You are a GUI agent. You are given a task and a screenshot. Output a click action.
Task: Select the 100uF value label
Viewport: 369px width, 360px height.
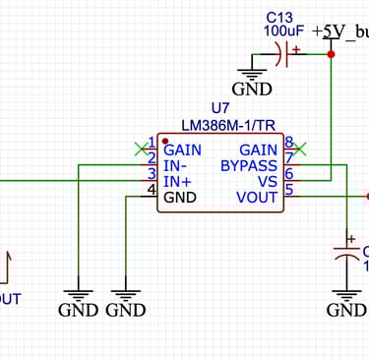282,30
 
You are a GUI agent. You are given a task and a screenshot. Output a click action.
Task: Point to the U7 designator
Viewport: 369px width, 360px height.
221,107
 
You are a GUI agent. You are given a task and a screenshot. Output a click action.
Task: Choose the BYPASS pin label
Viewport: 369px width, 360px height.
249,165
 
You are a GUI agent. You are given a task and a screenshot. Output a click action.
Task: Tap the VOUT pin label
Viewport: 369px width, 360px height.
257,197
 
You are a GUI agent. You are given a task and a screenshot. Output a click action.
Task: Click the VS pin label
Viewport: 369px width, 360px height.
267,181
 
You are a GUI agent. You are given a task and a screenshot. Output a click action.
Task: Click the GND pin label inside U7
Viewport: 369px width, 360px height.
180,197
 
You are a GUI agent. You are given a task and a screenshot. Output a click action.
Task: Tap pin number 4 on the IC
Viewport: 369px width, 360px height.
152,188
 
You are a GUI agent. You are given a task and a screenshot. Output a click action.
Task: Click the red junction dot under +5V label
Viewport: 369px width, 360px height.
331,54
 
